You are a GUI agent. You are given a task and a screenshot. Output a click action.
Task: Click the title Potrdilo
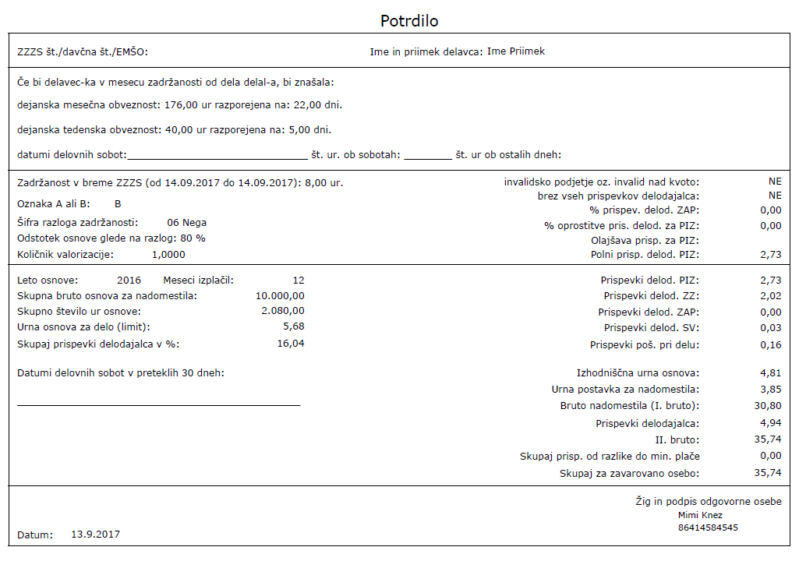click(409, 21)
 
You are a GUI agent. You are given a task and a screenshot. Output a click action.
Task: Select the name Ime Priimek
click(516, 51)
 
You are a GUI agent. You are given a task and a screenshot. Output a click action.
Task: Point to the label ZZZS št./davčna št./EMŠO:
click(83, 53)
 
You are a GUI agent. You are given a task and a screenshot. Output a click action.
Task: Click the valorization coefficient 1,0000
click(168, 255)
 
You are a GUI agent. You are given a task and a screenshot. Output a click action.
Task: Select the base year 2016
click(129, 280)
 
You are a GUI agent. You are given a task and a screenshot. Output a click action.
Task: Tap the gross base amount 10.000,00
click(280, 296)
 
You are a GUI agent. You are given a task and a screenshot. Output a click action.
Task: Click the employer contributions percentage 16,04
click(290, 343)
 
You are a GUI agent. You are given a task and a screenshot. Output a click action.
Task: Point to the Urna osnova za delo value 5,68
click(294, 326)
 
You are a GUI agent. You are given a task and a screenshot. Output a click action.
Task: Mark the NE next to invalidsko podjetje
click(774, 182)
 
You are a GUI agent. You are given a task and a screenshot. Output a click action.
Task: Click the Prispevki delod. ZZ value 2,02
click(770, 296)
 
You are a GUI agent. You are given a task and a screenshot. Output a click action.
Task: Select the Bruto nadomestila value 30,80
click(768, 406)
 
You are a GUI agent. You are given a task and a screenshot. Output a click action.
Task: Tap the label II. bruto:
click(677, 440)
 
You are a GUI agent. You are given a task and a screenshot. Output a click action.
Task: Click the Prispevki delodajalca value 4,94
click(770, 424)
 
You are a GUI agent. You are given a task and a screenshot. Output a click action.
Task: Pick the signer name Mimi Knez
click(700, 515)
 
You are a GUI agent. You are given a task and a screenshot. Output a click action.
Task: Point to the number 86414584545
click(708, 527)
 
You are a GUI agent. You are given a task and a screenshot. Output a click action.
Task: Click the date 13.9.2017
click(95, 535)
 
